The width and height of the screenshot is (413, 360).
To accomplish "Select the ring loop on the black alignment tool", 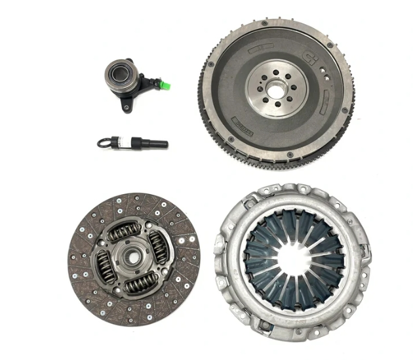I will pos(104,142).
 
